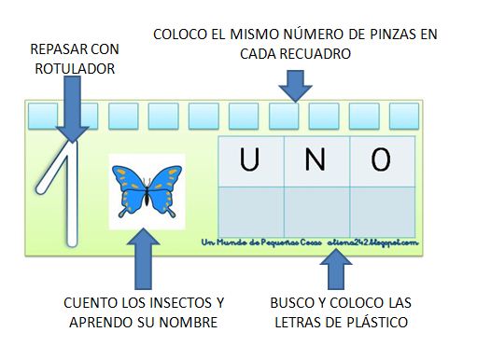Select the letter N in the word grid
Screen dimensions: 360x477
[315, 160]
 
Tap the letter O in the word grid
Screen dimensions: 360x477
[380, 160]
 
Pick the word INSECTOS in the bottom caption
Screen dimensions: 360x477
[163, 303]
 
